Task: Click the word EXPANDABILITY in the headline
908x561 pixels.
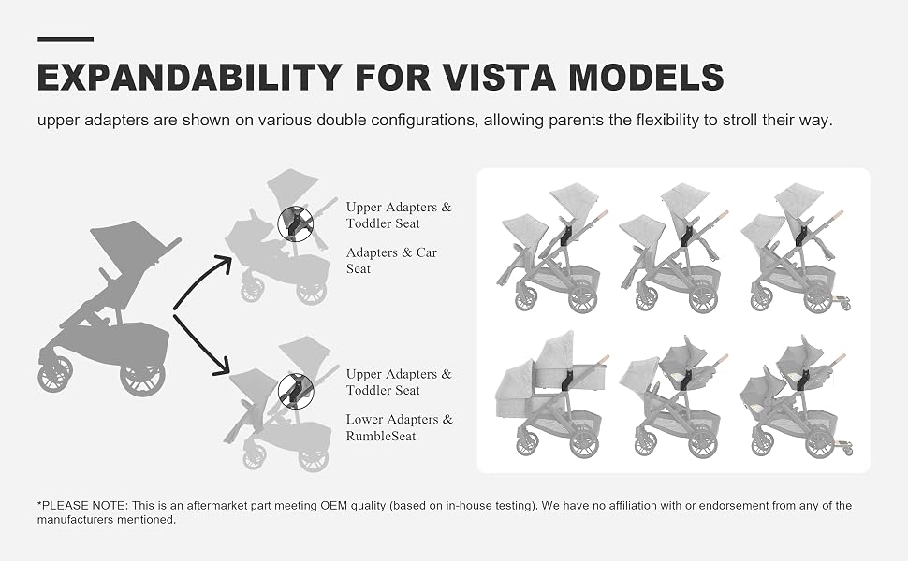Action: (x=190, y=77)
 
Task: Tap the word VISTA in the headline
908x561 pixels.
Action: (x=496, y=77)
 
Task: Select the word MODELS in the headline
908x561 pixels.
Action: (x=646, y=77)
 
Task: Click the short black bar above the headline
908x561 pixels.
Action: (x=66, y=39)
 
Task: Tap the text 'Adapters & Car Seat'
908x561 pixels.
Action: (x=391, y=260)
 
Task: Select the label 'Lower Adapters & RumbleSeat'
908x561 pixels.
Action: (x=399, y=427)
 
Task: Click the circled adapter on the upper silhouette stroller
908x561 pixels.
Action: (x=295, y=223)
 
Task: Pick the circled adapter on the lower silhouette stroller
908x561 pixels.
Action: (x=296, y=391)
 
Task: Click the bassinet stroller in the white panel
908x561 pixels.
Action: (x=552, y=394)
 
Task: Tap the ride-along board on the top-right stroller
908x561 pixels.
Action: (x=840, y=302)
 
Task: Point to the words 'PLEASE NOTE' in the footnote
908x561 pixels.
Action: (x=84, y=506)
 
